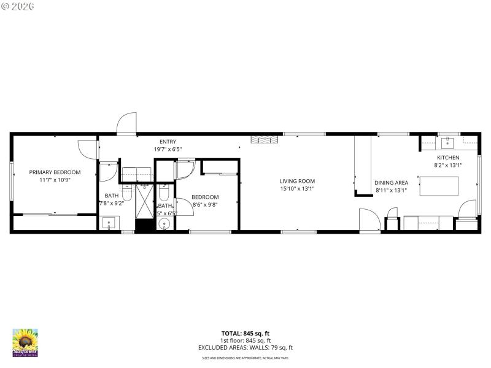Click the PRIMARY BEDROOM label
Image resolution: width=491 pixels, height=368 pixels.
click(55, 172)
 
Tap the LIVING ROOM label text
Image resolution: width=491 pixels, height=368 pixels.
click(297, 181)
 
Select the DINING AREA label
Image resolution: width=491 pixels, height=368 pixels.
click(391, 183)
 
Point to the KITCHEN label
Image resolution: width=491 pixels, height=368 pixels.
click(447, 158)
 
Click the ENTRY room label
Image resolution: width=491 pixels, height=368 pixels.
click(168, 142)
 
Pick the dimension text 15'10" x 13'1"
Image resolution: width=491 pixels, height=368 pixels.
click(297, 189)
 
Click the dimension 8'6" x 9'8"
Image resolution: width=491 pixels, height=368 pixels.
click(206, 205)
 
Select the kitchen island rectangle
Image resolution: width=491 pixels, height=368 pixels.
click(439, 186)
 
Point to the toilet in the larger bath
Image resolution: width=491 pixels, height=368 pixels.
click(127, 192)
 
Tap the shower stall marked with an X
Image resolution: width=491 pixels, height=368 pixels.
click(145, 201)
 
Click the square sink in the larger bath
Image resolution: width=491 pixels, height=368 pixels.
click(109, 223)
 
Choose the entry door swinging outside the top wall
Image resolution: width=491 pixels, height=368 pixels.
click(127, 122)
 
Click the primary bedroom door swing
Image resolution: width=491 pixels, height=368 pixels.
click(88, 149)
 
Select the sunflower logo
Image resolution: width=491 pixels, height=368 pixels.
click(25, 342)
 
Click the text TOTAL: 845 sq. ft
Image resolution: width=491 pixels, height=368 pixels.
click(245, 333)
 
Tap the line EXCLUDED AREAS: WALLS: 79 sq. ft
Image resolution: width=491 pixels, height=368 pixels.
click(245, 348)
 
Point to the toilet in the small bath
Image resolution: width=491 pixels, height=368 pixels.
click(163, 194)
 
